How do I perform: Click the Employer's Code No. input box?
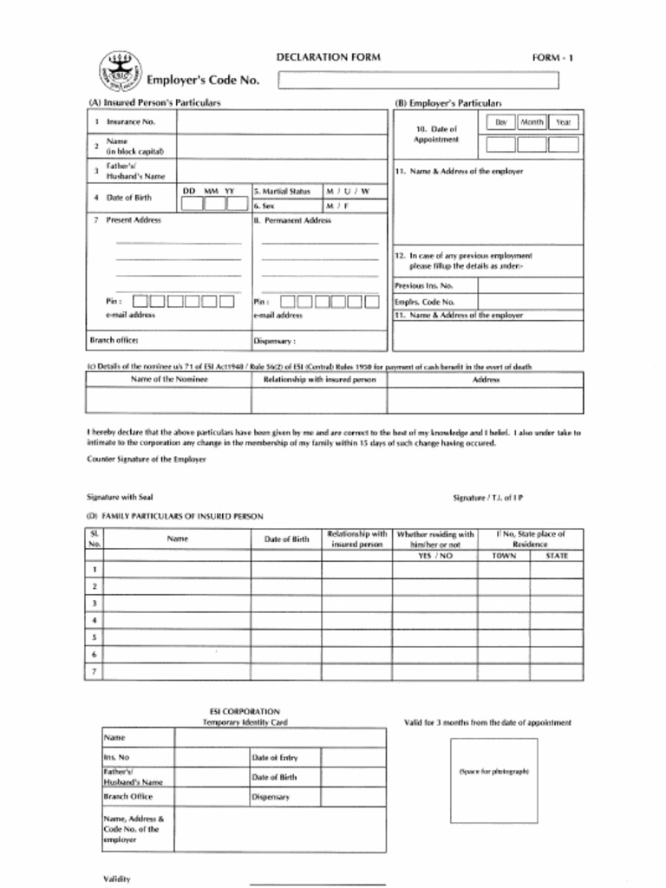(x=417, y=81)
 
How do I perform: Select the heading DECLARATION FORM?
(x=328, y=57)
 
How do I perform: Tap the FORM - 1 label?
(x=552, y=58)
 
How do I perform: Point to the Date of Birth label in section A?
(x=128, y=198)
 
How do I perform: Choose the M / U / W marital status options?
(x=347, y=190)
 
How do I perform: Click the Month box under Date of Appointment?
(x=532, y=144)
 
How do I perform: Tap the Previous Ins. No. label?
(x=424, y=285)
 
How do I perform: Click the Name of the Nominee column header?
(x=169, y=380)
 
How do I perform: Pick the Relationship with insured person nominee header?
(x=319, y=380)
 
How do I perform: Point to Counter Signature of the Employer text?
(x=146, y=460)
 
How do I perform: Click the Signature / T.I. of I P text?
(x=488, y=498)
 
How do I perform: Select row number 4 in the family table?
(x=94, y=620)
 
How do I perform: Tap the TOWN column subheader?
(x=504, y=555)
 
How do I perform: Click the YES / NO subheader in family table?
(x=435, y=555)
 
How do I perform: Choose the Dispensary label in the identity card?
(x=271, y=797)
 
